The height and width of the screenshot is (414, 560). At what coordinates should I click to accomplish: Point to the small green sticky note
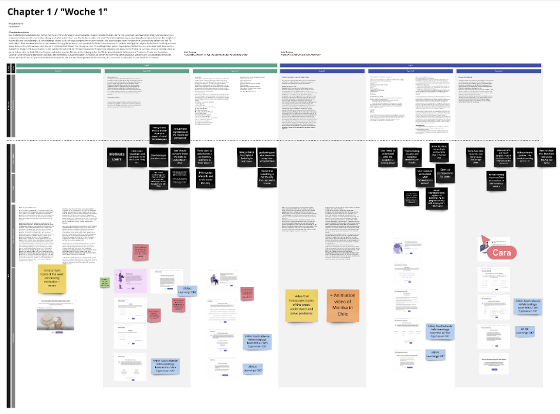click(x=104, y=282)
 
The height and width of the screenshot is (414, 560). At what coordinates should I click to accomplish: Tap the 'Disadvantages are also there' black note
click(x=160, y=158)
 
